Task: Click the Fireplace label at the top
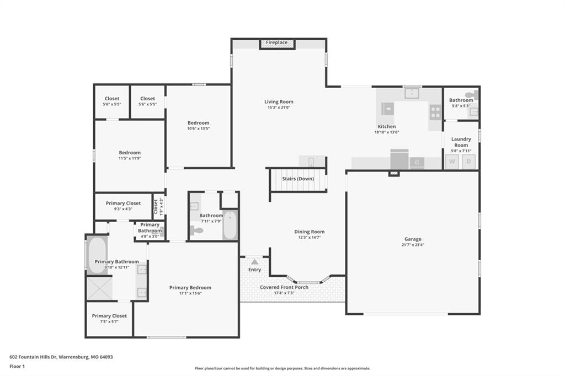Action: tap(277, 42)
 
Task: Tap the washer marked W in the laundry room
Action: tap(452, 162)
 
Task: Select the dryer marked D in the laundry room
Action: tap(469, 162)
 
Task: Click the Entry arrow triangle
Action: tap(255, 262)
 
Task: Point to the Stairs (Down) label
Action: tap(298, 179)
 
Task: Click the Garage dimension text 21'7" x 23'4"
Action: tap(413, 245)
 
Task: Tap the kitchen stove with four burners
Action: tap(435, 112)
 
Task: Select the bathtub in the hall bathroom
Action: tap(230, 225)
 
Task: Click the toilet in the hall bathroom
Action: tap(197, 230)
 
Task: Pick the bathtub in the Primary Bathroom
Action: tap(97, 255)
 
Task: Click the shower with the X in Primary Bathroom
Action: tap(99, 288)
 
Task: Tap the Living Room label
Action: tap(279, 101)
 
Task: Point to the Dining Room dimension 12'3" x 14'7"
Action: tap(310, 237)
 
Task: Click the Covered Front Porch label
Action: tap(284, 287)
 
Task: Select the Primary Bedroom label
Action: tap(190, 287)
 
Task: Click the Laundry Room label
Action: tap(461, 142)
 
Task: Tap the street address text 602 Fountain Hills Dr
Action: tap(33, 357)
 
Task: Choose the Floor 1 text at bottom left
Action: tap(17, 367)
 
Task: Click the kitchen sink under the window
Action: tap(412, 93)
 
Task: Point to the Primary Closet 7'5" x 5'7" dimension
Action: tap(109, 321)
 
